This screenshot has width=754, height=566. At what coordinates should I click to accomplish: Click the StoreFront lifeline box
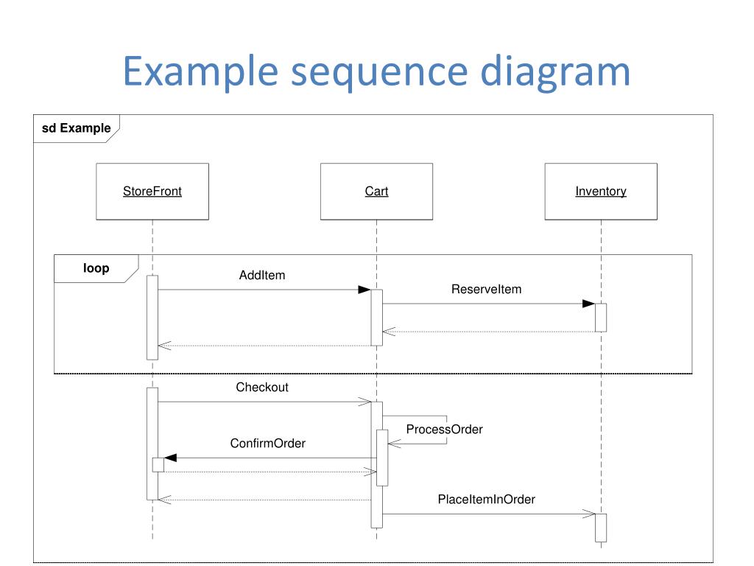pos(152,192)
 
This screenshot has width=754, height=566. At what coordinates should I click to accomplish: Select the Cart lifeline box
pos(376,192)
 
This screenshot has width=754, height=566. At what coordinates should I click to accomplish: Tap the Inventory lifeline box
pos(601,192)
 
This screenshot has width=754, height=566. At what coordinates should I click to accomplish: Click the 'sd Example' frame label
pos(76,128)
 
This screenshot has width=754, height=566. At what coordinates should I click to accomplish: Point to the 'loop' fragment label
pos(96,268)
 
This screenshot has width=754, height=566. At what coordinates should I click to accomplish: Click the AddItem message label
pos(262,276)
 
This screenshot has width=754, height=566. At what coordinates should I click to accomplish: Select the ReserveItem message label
pos(486,289)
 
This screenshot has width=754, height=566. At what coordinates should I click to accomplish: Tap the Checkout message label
pos(262,388)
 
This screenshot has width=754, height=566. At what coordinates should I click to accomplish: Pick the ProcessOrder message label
pos(444,430)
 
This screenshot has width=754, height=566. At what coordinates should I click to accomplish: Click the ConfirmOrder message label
pos(268,443)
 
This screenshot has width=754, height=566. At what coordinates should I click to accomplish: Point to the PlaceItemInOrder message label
pos(486,500)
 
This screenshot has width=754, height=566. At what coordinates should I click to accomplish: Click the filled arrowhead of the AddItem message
pos(364,290)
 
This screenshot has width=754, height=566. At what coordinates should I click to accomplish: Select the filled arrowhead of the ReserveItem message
pos(588,304)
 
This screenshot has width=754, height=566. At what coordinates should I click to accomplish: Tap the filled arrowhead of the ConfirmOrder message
pos(171,458)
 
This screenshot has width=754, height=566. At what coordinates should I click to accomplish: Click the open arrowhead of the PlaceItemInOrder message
pos(589,514)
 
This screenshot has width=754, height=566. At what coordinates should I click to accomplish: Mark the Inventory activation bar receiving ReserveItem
pos(601,318)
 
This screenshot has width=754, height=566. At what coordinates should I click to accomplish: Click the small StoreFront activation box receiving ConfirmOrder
pos(158,465)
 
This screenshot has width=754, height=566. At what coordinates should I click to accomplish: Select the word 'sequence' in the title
pos(379,71)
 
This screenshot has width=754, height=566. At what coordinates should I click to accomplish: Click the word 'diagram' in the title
pos(555,71)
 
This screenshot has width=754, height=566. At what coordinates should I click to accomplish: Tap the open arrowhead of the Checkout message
pos(365,402)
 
